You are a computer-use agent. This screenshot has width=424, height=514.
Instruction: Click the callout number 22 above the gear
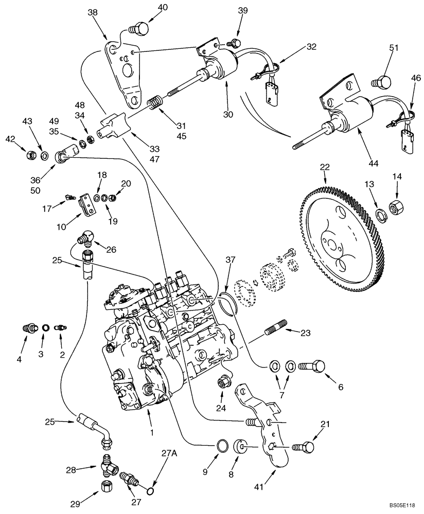pyautogui.click(x=325, y=168)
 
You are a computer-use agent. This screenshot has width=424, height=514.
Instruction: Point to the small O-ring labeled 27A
pyautogui.click(x=151, y=492)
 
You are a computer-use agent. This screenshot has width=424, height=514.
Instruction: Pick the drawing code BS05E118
pyautogui.click(x=402, y=506)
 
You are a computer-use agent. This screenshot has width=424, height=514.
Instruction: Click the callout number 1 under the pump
pyautogui.click(x=152, y=433)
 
